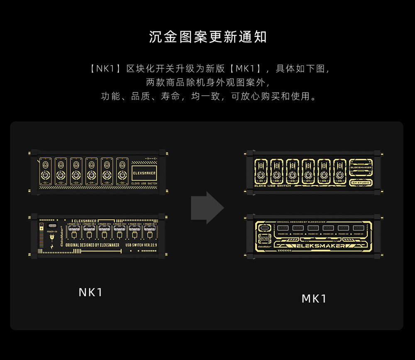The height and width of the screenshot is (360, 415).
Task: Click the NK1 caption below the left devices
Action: point(90,292)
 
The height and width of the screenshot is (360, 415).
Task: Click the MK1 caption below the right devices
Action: point(314,299)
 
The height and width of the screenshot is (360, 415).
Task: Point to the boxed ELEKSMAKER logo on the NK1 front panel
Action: point(144,173)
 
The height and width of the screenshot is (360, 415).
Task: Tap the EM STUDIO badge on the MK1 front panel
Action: point(361,183)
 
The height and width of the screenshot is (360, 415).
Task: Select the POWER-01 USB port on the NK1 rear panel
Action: point(149,228)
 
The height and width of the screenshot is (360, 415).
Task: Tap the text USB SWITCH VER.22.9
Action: point(141,245)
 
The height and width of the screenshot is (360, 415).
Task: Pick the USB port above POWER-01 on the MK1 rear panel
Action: point(359,228)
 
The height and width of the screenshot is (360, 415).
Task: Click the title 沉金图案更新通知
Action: point(207,37)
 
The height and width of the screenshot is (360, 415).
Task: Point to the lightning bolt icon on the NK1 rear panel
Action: point(51,247)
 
